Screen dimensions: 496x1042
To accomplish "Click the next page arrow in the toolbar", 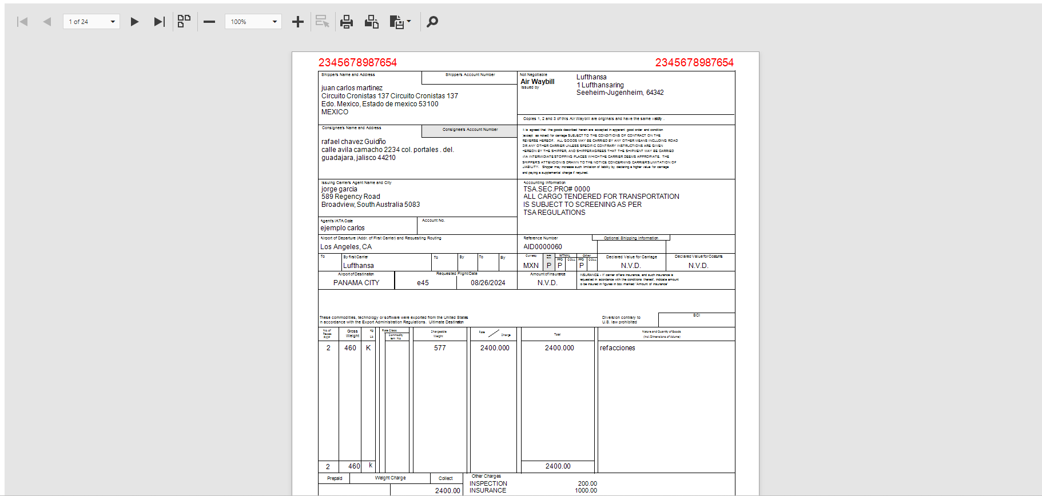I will pyautogui.click(x=134, y=22).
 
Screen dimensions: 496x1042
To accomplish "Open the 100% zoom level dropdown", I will pyautogui.click(x=253, y=22).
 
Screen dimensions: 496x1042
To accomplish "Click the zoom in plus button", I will pyautogui.click(x=297, y=22).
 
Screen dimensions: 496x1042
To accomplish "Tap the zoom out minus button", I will pyautogui.click(x=209, y=22).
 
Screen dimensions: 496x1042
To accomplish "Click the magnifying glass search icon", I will pyautogui.click(x=432, y=22).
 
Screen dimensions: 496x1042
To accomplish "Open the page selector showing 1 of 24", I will pyautogui.click(x=91, y=22).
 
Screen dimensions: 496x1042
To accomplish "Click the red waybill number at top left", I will pyautogui.click(x=357, y=62).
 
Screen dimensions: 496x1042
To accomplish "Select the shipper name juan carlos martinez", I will pyautogui.click(x=352, y=88).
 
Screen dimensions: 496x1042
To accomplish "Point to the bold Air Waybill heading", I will pyautogui.click(x=537, y=82).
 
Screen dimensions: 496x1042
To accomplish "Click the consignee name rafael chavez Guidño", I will pyautogui.click(x=353, y=142).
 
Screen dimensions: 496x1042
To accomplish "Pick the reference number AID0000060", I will pyautogui.click(x=542, y=247).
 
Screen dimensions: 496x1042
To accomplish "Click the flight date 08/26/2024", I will pyautogui.click(x=488, y=283).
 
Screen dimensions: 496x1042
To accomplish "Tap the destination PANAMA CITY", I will pyautogui.click(x=356, y=283).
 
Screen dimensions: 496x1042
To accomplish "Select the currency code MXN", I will pyautogui.click(x=531, y=266).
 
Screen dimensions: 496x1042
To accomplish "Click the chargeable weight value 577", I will pyautogui.click(x=439, y=348).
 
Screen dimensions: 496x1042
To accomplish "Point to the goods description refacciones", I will pyautogui.click(x=617, y=348).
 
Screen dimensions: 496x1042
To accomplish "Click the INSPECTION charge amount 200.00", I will pyautogui.click(x=587, y=483).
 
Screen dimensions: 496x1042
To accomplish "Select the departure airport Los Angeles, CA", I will pyautogui.click(x=346, y=247).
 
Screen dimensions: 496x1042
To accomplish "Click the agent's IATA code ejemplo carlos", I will pyautogui.click(x=342, y=228).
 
